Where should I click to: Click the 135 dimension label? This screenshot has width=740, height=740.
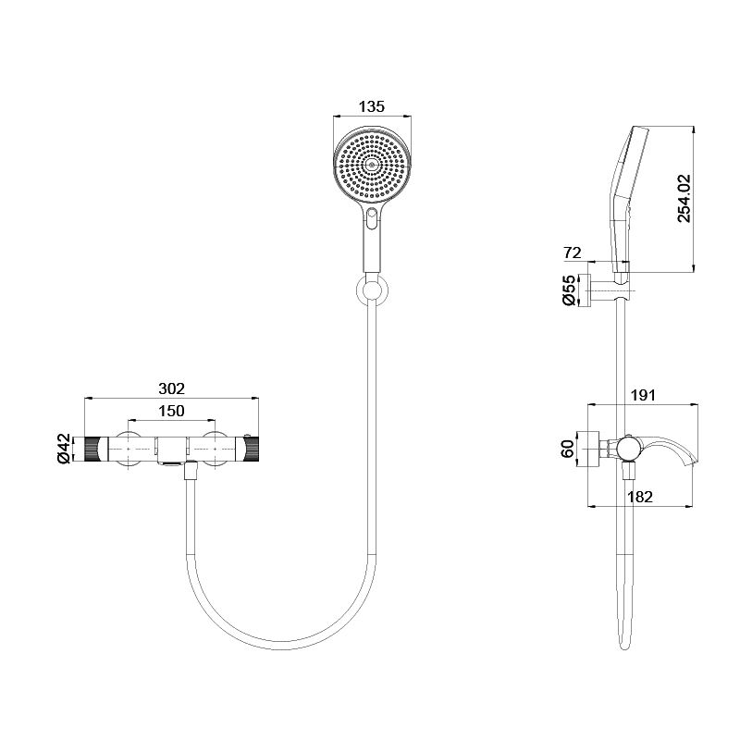(372, 106)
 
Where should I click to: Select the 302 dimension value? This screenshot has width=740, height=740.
(171, 388)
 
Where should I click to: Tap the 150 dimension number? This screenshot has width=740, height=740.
(171, 411)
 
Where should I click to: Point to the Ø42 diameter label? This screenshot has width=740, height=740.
(64, 449)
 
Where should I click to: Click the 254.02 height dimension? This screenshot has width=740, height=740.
(684, 198)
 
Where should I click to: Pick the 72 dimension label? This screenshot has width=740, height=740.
(573, 253)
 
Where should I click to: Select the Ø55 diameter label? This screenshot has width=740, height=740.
(570, 290)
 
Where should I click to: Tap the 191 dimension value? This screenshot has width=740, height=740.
(643, 395)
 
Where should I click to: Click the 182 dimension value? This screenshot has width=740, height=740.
(640, 497)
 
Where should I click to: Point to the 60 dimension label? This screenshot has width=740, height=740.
(568, 449)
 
